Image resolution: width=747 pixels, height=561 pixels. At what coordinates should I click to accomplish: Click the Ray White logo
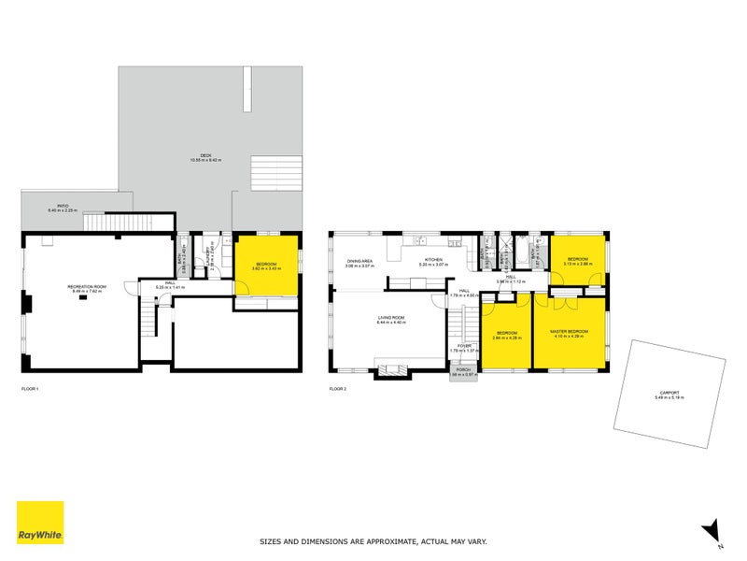pos(40,523)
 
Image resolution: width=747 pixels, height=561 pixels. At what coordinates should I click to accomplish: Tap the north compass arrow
pos(711,529)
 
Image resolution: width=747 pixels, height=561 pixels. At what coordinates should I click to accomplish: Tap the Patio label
pos(63,208)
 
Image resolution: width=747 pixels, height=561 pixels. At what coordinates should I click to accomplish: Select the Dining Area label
pos(360,263)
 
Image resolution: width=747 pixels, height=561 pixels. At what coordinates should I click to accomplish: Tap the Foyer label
pos(462,348)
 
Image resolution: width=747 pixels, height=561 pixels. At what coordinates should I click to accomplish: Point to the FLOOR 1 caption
pos(30,388)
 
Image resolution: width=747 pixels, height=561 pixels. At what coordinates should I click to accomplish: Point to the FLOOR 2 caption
pos(338,388)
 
